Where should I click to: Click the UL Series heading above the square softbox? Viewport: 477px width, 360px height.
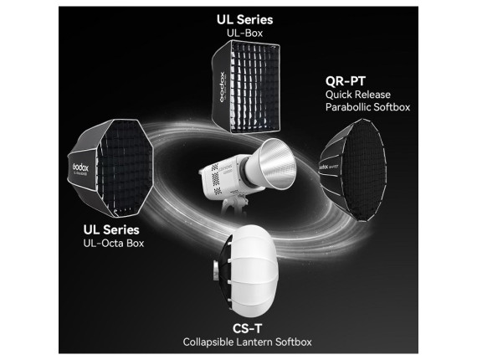pyautogui.click(x=244, y=20)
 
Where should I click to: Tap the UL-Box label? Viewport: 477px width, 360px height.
pyautogui.click(x=244, y=33)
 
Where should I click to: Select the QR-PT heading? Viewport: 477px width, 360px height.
pyautogui.click(x=346, y=81)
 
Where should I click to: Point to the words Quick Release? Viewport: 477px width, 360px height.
pyautogui.click(x=358, y=95)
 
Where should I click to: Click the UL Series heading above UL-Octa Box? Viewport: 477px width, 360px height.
pyautogui.click(x=111, y=229)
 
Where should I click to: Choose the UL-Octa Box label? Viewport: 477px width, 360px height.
pyautogui.click(x=114, y=243)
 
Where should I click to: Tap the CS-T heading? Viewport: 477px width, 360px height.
pyautogui.click(x=247, y=328)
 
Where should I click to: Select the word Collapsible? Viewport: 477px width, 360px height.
pyautogui.click(x=208, y=342)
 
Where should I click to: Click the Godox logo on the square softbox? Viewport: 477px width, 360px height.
pyautogui.click(x=222, y=87)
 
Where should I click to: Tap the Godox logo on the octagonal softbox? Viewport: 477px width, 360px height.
pyautogui.click(x=80, y=167)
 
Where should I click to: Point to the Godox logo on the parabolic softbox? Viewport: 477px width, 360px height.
pyautogui.click(x=325, y=167)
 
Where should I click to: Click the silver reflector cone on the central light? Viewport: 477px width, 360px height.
pyautogui.click(x=272, y=164)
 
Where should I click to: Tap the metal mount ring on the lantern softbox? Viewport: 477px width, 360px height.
pyautogui.click(x=216, y=270)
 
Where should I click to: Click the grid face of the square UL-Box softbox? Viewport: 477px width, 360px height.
pyautogui.click(x=255, y=87)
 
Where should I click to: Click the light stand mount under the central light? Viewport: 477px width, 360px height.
pyautogui.click(x=234, y=206)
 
